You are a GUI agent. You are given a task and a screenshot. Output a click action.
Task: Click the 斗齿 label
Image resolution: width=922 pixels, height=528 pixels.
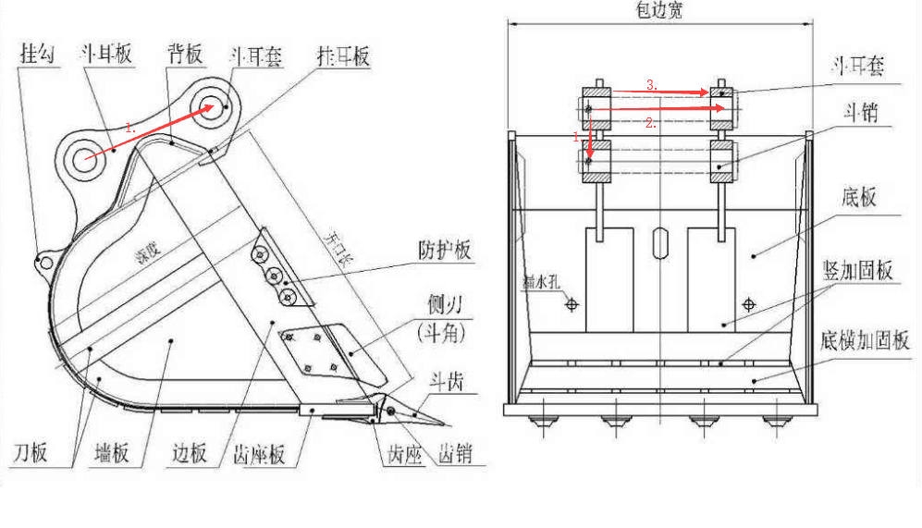point(445,380)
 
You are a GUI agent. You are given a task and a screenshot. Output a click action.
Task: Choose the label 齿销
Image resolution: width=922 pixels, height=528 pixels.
point(455,454)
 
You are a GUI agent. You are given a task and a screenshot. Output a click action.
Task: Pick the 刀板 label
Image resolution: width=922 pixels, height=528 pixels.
point(31,454)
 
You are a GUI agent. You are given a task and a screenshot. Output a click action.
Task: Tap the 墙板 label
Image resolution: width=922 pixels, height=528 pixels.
point(112,454)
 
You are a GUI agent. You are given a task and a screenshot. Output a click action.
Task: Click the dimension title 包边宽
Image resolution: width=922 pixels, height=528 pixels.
point(658,11)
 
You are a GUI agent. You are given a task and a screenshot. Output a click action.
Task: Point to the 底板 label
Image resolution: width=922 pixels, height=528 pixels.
point(858,197)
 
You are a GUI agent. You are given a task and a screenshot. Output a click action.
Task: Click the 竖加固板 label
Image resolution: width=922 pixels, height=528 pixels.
point(857,271)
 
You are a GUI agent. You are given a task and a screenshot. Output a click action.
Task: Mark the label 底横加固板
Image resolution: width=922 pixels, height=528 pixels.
point(864,339)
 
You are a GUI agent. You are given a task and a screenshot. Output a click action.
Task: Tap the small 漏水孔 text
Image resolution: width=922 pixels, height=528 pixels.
point(540,283)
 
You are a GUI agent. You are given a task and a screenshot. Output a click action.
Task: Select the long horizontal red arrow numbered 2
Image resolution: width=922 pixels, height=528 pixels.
point(658,109)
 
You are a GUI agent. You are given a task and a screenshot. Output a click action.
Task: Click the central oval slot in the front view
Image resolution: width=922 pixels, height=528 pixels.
point(658,243)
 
